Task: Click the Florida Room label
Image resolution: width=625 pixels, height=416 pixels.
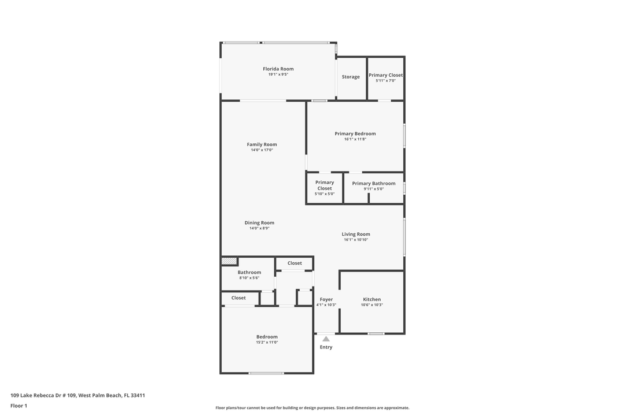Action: click(x=278, y=69)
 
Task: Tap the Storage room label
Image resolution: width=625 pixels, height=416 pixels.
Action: click(x=350, y=77)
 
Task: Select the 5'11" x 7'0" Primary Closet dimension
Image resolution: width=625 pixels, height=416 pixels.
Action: click(x=385, y=81)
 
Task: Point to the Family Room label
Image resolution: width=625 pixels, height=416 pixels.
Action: click(x=262, y=144)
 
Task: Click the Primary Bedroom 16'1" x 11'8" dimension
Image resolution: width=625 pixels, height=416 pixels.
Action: click(x=355, y=139)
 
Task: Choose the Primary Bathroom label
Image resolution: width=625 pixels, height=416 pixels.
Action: click(x=373, y=184)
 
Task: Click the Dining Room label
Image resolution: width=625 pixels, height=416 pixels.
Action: click(x=259, y=222)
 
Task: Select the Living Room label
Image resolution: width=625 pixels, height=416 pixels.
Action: click(x=355, y=234)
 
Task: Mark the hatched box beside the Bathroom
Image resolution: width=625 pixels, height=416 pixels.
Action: click(x=229, y=261)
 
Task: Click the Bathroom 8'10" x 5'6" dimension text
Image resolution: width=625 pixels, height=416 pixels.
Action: click(x=249, y=278)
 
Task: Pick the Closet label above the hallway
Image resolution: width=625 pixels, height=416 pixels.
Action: click(x=295, y=263)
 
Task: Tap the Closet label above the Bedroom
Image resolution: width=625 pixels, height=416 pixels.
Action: click(x=238, y=298)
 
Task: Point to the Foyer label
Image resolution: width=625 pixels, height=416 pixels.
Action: click(x=326, y=299)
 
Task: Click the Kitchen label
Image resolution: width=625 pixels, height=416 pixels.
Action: click(x=372, y=299)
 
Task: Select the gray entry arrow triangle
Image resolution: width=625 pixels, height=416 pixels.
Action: click(x=326, y=339)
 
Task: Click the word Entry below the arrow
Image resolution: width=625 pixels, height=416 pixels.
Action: click(x=326, y=347)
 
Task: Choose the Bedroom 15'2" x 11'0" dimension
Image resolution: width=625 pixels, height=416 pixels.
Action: click(x=267, y=342)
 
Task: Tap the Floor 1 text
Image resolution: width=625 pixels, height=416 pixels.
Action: click(x=19, y=406)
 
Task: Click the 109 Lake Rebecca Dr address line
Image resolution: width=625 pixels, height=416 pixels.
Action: click(x=78, y=395)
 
